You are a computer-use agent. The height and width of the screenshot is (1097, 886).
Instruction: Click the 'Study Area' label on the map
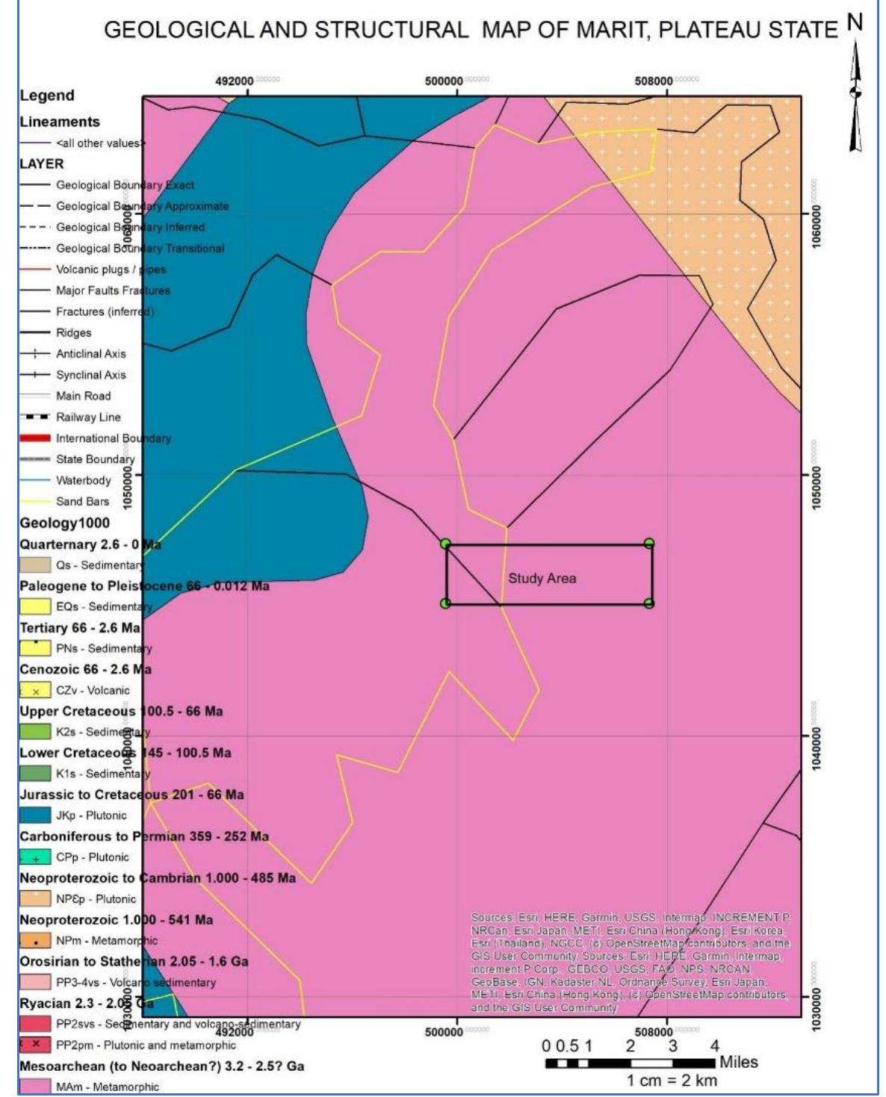[x=542, y=578]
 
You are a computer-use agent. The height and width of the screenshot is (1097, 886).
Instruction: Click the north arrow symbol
[x=856, y=90]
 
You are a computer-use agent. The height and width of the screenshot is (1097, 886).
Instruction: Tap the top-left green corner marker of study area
[x=445, y=544]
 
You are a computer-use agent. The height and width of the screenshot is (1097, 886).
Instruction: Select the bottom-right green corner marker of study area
[x=649, y=603]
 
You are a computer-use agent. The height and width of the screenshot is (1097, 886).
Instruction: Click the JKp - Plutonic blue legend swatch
[x=35, y=815]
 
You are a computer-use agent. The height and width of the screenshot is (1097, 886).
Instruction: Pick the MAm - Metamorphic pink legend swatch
[x=35, y=1087]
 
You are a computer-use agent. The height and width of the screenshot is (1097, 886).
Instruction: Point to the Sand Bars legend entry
[x=82, y=502]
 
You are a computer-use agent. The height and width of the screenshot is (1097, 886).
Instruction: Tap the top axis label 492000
[x=235, y=81]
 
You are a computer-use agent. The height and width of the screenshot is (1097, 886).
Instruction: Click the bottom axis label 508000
[x=654, y=1032]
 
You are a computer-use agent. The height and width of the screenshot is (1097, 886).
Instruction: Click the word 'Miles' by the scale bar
[x=738, y=1062]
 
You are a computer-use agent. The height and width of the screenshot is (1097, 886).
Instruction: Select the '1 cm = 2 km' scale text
[x=672, y=1081]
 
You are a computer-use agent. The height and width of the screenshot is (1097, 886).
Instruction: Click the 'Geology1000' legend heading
[x=64, y=523]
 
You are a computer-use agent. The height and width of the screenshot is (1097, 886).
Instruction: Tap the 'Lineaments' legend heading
[x=60, y=122]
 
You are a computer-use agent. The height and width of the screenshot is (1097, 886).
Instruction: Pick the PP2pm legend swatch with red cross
[x=35, y=1045]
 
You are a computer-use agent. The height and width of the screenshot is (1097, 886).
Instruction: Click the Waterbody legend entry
[x=83, y=481]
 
